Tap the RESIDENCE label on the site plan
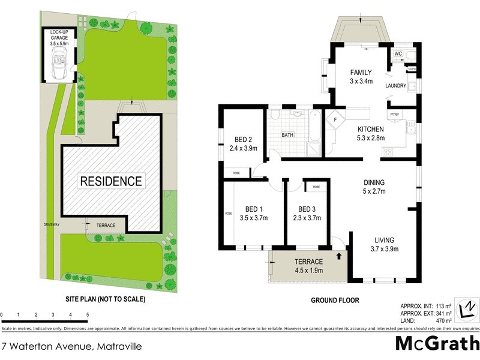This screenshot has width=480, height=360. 112,181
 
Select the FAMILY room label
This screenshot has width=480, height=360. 361,72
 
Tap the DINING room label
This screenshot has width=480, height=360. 374,183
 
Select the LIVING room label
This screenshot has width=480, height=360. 384,240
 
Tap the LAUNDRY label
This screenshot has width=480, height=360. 397,86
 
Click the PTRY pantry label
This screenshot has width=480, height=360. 394,114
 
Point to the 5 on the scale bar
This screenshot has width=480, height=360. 88,314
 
